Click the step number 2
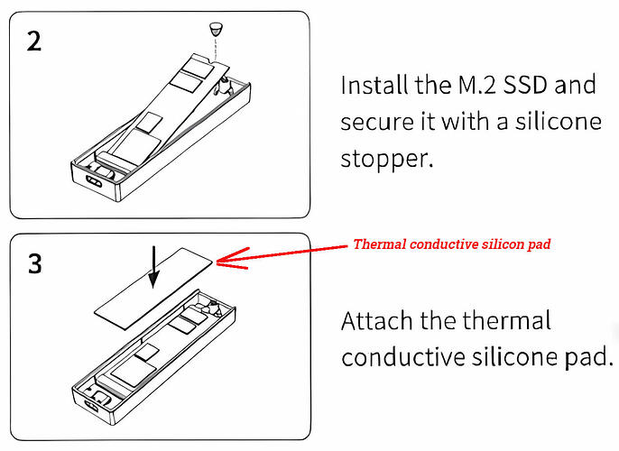(x=34, y=42)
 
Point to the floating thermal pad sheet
(x=153, y=284)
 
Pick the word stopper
(x=384, y=160)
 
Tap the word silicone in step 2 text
(x=560, y=122)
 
